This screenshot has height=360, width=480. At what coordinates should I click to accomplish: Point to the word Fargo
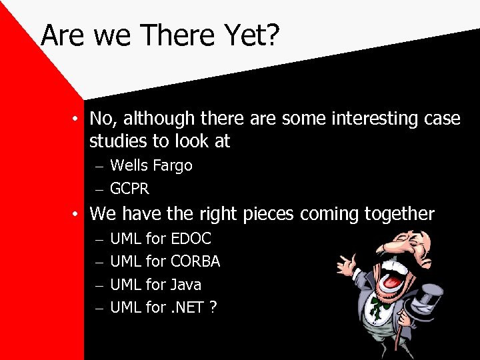coord(173,166)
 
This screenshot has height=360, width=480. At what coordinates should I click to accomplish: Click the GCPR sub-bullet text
coord(129,189)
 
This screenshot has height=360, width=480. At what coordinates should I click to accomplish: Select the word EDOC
coord(191,239)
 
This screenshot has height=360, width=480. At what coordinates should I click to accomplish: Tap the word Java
coord(186,285)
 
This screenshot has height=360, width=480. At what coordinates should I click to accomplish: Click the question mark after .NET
coord(213,307)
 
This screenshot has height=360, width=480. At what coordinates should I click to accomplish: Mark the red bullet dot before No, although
coord(78,119)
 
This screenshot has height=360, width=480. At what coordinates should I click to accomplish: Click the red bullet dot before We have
coord(78,215)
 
